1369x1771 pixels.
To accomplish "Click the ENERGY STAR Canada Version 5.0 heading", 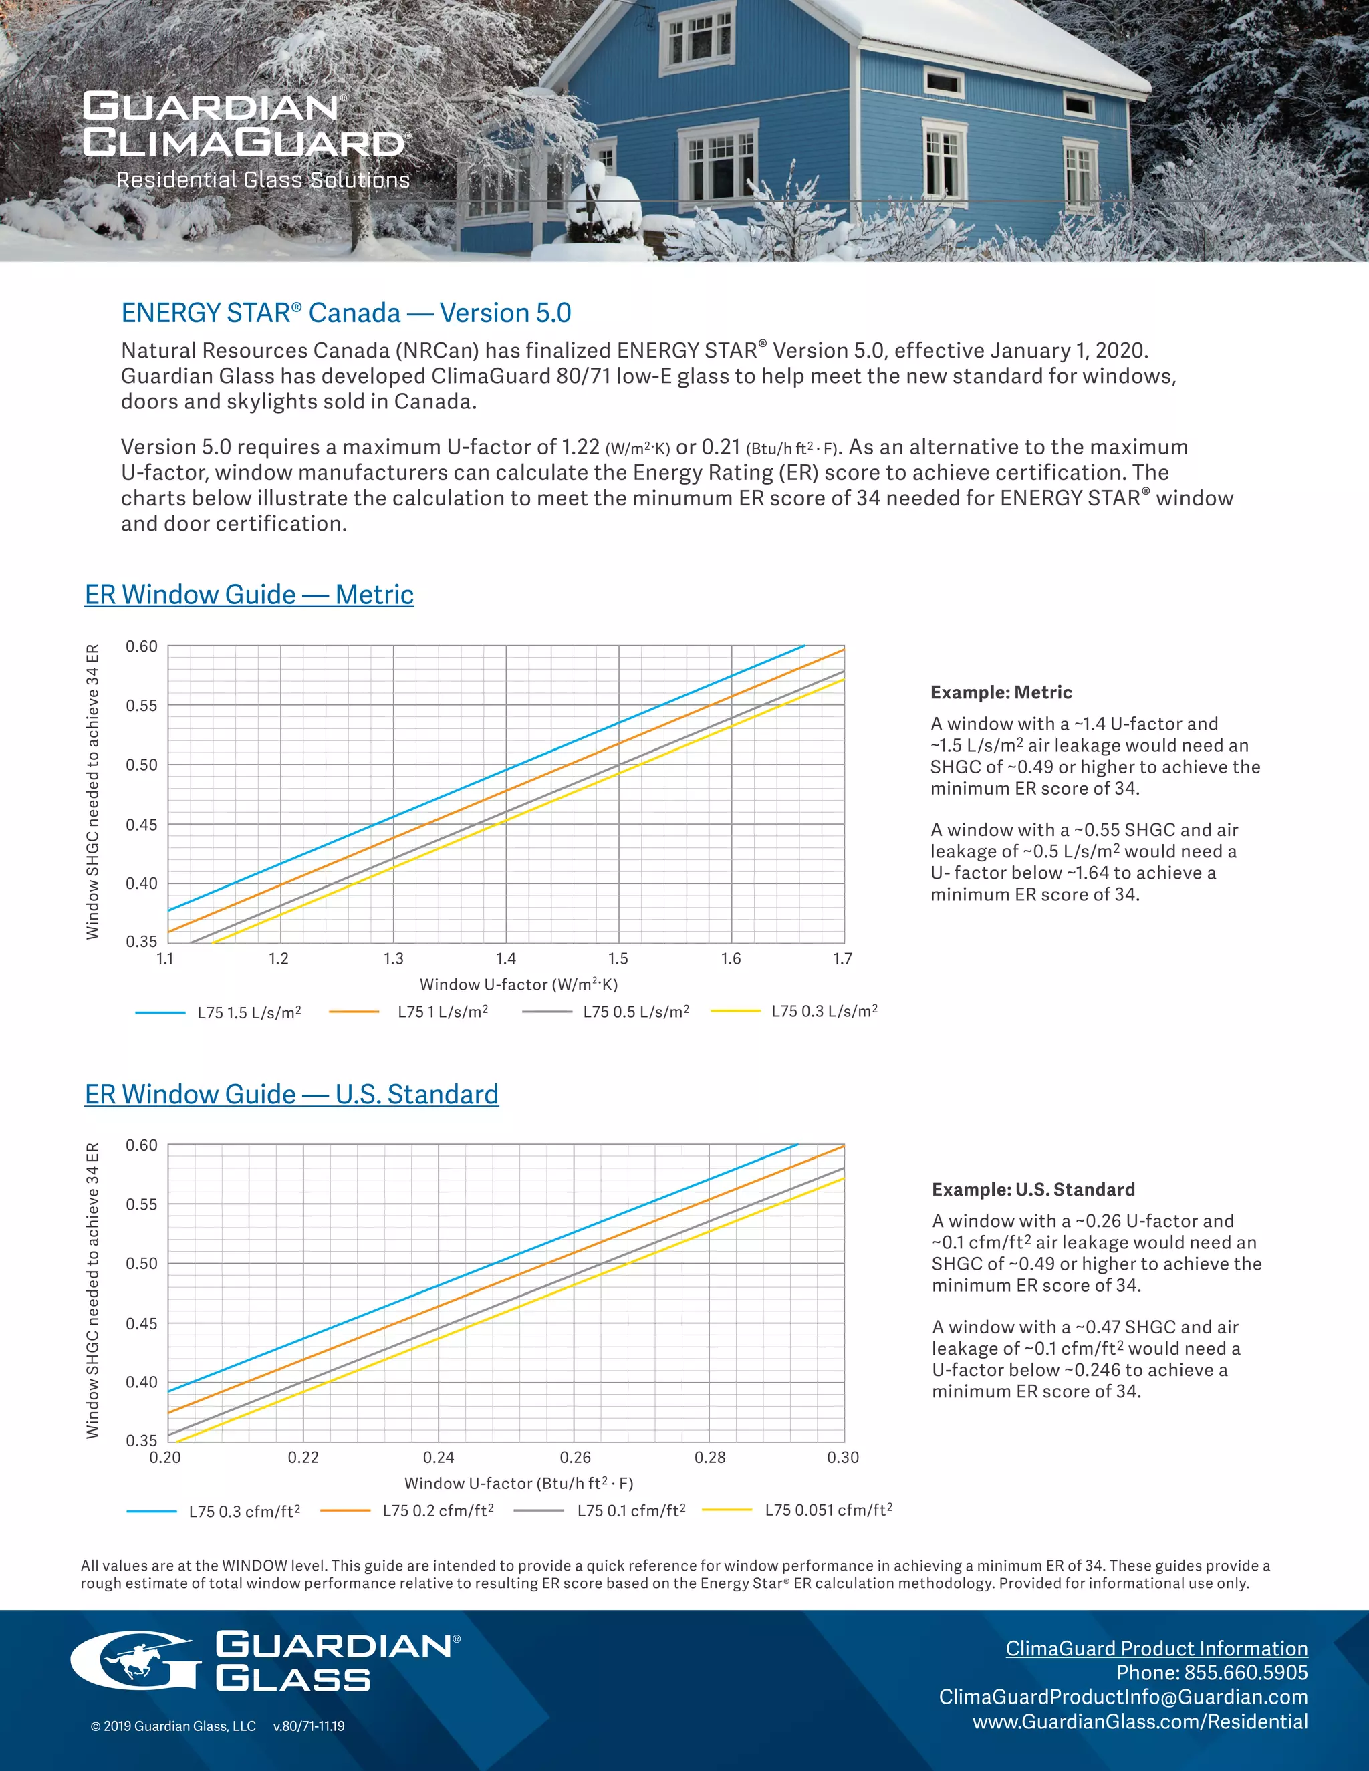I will click(346, 313).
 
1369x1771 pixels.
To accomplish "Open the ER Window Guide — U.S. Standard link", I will click(291, 1094).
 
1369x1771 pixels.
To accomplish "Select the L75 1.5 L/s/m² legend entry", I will click(249, 1012).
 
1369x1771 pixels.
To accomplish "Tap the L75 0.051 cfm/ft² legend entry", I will click(828, 1510).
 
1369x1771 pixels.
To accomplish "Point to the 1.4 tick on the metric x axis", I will click(506, 959).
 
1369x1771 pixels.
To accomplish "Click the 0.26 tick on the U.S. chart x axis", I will click(575, 1457).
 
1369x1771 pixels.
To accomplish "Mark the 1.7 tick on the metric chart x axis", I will click(843, 959).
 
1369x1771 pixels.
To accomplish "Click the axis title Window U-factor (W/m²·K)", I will click(518, 984).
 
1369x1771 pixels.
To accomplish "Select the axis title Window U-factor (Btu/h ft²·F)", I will click(518, 1483).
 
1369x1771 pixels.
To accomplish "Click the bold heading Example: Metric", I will click(1001, 692).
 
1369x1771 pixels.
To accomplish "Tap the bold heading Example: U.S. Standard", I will click(1033, 1190).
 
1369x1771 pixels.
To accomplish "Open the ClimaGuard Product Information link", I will click(1156, 1649).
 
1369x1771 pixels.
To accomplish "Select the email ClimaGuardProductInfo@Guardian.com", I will click(1123, 1697).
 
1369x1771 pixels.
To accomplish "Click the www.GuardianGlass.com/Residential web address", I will click(1140, 1722).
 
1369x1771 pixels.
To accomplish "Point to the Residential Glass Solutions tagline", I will click(263, 180).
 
